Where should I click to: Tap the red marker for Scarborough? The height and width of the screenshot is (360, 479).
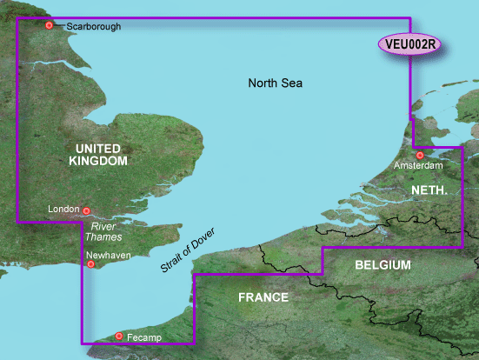click(x=50, y=26)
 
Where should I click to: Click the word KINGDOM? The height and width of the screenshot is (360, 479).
click(x=101, y=162)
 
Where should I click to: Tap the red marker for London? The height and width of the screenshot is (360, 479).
click(x=87, y=210)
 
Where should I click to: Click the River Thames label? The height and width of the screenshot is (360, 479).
click(x=103, y=231)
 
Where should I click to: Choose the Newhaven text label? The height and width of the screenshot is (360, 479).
click(x=109, y=257)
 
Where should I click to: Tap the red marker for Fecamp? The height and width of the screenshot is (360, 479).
click(x=119, y=335)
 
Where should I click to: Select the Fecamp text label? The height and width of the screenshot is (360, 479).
click(x=143, y=337)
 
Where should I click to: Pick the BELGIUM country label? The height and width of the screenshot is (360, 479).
click(x=384, y=264)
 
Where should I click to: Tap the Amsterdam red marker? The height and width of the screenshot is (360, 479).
click(x=420, y=155)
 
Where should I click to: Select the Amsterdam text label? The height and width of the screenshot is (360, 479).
click(x=418, y=165)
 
